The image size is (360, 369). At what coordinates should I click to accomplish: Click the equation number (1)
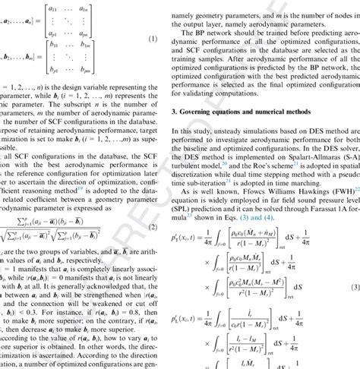click(151, 39)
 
